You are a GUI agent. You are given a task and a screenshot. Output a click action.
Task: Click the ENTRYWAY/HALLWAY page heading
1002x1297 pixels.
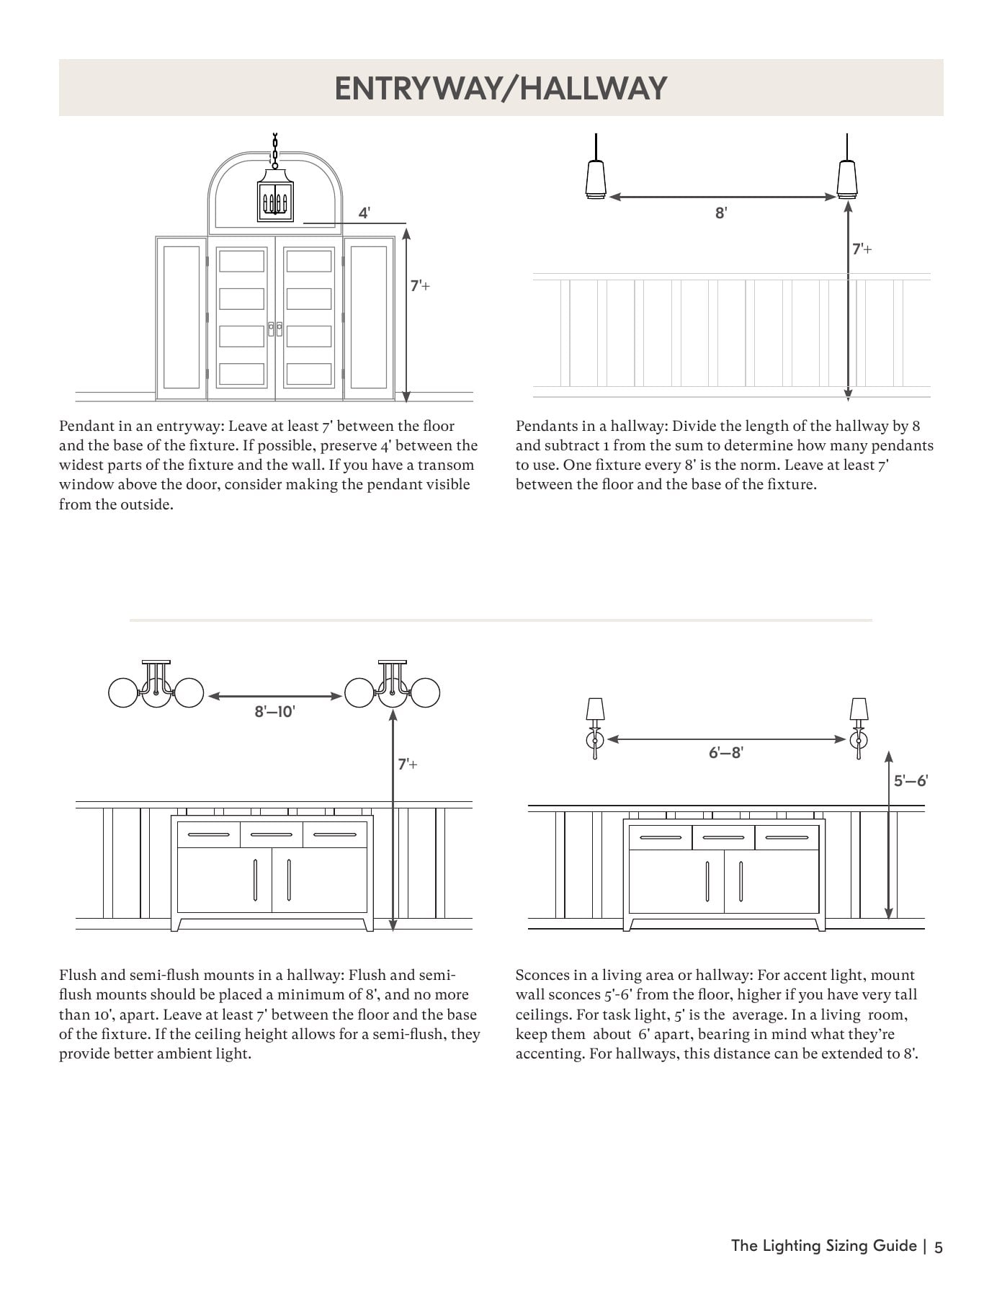coord(501,89)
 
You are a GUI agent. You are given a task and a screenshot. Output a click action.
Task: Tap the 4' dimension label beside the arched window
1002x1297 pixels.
coord(364,213)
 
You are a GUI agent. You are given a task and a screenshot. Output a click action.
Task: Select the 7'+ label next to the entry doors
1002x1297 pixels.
coord(420,286)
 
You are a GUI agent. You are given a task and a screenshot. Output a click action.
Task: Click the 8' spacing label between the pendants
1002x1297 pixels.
coord(721,213)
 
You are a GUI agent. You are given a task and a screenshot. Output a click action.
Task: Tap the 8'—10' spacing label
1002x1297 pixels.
coord(274,712)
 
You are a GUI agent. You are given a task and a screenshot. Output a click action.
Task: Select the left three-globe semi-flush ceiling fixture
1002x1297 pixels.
coord(156,685)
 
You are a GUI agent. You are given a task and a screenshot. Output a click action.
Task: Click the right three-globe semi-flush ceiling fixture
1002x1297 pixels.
coord(393,685)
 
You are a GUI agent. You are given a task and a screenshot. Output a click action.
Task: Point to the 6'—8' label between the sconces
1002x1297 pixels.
coord(726,753)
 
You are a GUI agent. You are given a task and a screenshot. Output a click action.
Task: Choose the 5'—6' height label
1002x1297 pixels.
coord(911,780)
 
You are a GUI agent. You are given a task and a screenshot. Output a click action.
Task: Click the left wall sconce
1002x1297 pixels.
coord(595,728)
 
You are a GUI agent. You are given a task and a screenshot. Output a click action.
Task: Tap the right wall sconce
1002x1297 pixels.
coord(859,728)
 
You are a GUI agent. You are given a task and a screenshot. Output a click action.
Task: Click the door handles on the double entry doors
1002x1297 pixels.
coord(275,329)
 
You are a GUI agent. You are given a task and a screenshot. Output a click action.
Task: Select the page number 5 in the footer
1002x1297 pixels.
coord(938,1247)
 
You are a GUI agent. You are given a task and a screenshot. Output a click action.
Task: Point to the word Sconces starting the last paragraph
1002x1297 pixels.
coord(542,975)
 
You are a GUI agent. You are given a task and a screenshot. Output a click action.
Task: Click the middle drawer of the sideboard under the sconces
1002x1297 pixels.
coord(724,837)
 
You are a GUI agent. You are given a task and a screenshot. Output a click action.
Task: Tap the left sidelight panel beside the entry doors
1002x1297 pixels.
coord(182,318)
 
